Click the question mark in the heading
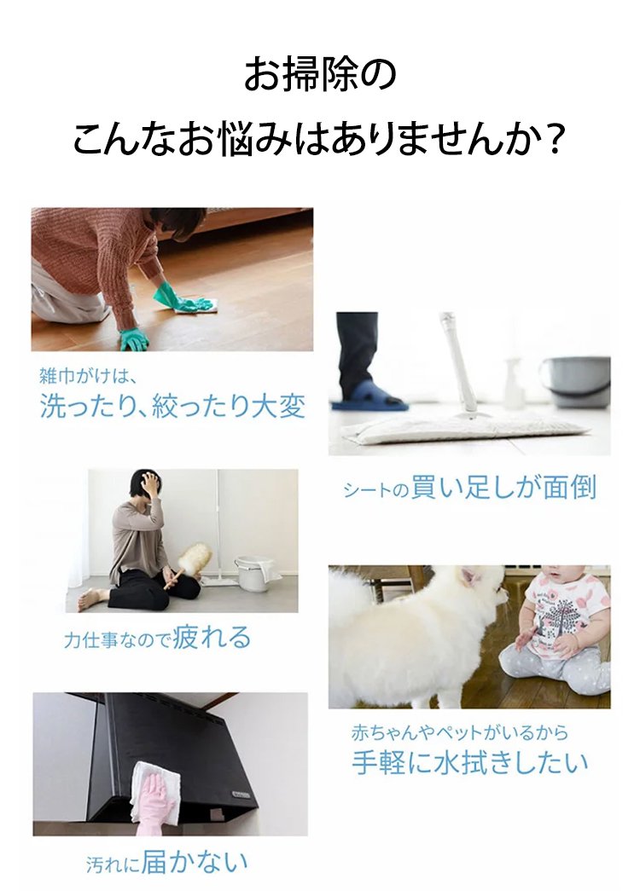tap(552, 140)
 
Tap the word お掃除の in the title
tap(320, 75)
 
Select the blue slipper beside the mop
tap(369, 398)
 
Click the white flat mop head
tap(463, 429)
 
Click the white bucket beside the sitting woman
tap(254, 574)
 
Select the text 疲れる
tap(212, 637)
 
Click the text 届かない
tap(195, 862)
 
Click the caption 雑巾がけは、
tap(88, 376)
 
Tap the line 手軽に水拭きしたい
tap(470, 762)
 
